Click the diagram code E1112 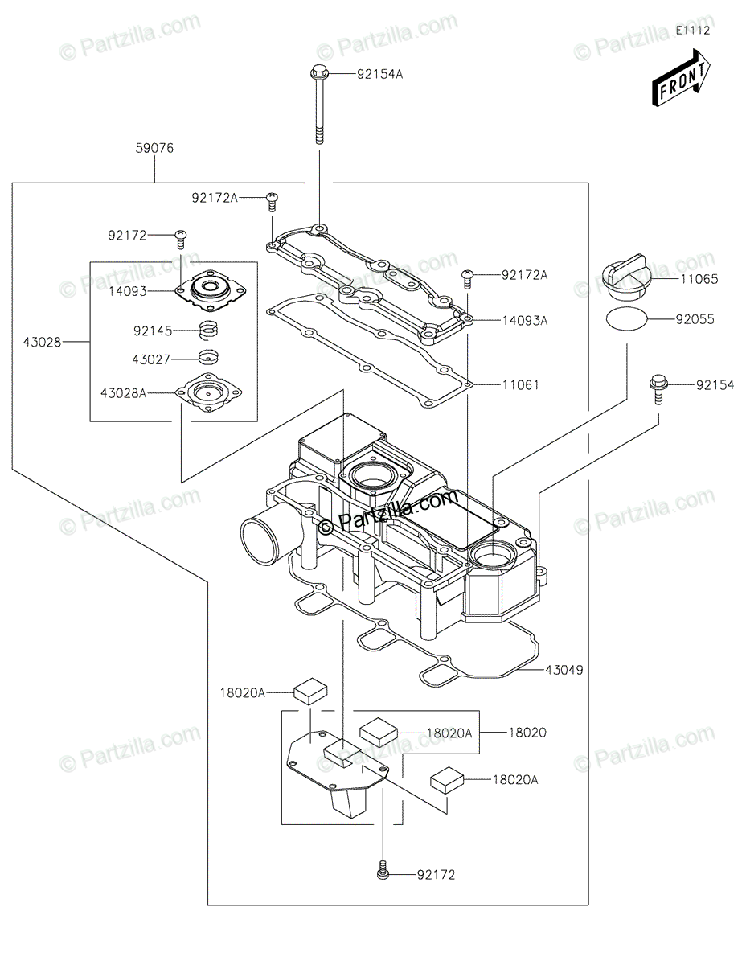(693, 31)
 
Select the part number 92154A (379, 74)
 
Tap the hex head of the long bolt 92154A (318, 72)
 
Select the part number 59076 (154, 148)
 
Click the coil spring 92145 (208, 331)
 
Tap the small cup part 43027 (208, 356)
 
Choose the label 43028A (123, 393)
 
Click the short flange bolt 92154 (658, 389)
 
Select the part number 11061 (521, 384)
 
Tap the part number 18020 (527, 733)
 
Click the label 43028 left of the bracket (42, 342)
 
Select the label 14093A (525, 321)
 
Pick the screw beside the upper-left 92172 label (181, 240)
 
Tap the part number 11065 (699, 279)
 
